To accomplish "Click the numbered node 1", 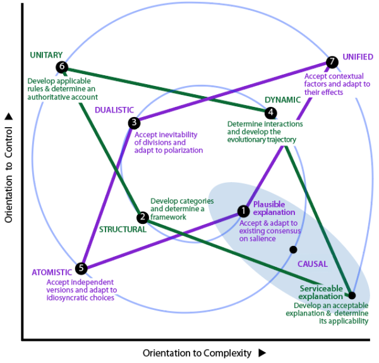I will [243, 211].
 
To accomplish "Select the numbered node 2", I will [143, 218].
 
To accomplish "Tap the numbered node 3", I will [133, 122].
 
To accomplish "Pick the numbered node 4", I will [271, 113].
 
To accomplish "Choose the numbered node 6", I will [61, 66].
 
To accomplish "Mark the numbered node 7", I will [332, 62].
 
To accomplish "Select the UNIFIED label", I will [358, 56].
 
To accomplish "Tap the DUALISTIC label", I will [114, 110].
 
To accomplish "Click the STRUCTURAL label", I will [123, 230].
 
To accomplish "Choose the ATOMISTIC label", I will [52, 272].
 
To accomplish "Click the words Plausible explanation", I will [269, 208].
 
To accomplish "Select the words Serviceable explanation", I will [322, 292].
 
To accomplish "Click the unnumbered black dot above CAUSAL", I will [292, 250].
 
